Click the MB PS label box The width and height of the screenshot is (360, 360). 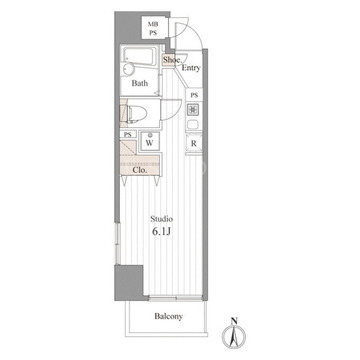pos(153,28)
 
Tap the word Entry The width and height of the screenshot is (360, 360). pos(191,68)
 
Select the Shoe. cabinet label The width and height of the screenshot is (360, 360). pos(171,60)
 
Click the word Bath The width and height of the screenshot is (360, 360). pos(140,83)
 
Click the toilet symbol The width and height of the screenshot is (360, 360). pos(136,112)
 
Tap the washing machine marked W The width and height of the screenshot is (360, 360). pos(150,141)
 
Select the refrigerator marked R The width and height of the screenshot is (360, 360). pos(194,143)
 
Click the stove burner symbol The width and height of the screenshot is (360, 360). pos(194,108)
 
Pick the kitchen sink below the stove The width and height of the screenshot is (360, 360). pos(194,125)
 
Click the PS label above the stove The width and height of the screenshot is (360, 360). pos(194,95)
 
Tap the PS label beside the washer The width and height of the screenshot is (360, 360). pos(128,135)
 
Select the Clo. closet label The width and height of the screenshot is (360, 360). pos(140,169)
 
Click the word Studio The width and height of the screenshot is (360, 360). pos(161,219)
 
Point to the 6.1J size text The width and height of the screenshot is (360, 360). pos(162,232)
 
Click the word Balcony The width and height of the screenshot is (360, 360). pos(168,316)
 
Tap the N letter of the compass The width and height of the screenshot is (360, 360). pos(234,322)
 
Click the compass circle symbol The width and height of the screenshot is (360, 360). pos(234,337)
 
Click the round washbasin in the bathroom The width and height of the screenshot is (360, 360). pos(128,70)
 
